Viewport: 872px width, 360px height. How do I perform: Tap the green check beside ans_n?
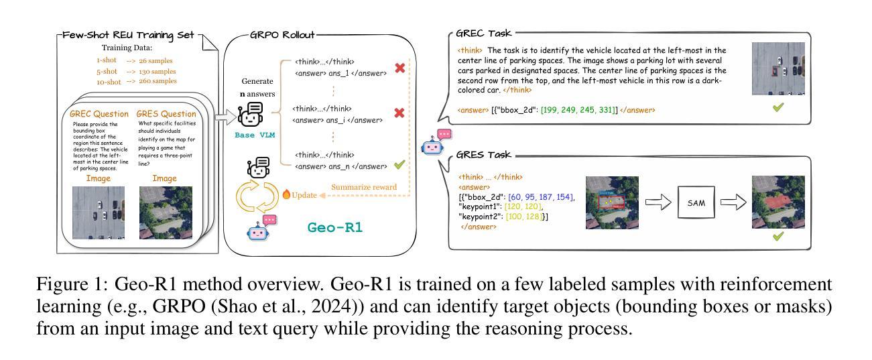point(399,166)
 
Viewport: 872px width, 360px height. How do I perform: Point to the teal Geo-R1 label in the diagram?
point(335,228)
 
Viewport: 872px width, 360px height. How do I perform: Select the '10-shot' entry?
point(109,81)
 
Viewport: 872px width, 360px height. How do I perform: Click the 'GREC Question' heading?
point(99,113)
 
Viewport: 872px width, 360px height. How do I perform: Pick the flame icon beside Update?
point(286,194)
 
